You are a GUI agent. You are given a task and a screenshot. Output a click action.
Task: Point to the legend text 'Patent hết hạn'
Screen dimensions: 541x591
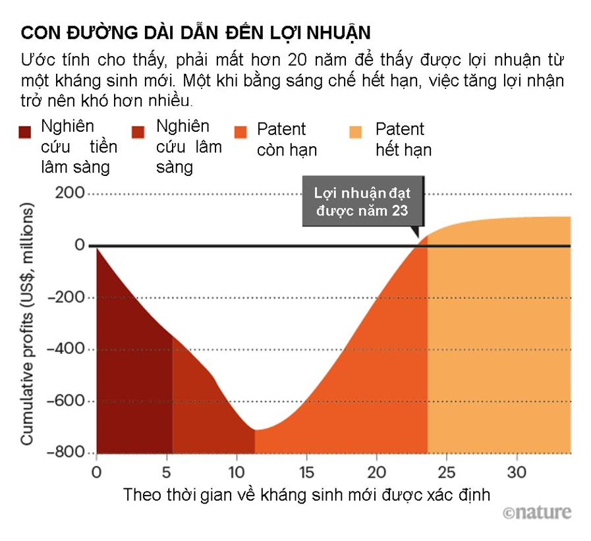pyautogui.click(x=403, y=139)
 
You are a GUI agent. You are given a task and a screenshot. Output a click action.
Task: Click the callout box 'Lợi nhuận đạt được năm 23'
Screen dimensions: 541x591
pyautogui.click(x=362, y=202)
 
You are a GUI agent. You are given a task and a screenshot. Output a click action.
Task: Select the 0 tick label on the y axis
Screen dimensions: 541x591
pyautogui.click(x=79, y=246)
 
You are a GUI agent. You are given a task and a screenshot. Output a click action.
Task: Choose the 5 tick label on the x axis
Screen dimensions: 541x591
pyautogui.click(x=167, y=473)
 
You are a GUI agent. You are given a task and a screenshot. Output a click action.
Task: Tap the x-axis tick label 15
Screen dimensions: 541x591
pyautogui.click(x=306, y=473)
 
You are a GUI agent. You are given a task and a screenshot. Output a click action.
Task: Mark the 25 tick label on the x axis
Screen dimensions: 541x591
pyautogui.click(x=447, y=473)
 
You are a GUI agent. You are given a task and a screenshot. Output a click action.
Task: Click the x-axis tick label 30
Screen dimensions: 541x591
pyautogui.click(x=517, y=473)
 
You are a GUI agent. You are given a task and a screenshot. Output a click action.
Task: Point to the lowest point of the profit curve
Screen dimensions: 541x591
pyautogui.click(x=255, y=430)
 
